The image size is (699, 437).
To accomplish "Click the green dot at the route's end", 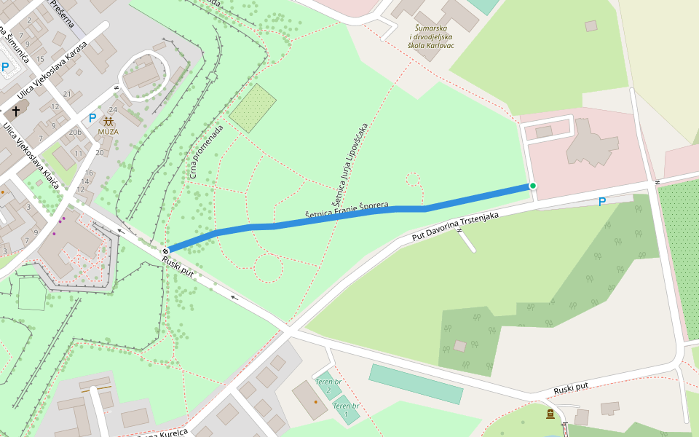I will point(532,186).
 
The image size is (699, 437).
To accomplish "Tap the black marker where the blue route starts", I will point(166,251).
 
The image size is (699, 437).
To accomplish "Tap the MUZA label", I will point(108,132).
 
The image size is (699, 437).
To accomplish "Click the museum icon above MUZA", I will point(108,121).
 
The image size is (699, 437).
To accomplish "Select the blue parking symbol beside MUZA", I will point(92,117).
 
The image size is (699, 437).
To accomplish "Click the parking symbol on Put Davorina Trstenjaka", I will point(601,202).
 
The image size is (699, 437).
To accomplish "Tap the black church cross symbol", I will point(16,112).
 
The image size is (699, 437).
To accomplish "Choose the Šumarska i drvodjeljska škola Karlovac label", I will point(432,36).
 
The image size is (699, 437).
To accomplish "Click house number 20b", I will point(75,132).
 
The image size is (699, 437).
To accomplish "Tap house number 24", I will point(113,110).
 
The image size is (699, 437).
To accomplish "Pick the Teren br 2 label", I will point(328,385).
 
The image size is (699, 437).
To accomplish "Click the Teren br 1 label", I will point(346,409).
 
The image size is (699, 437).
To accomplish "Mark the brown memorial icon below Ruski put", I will point(550,414).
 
